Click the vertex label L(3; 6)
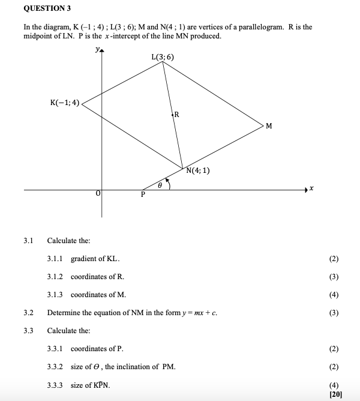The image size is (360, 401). [x=163, y=57]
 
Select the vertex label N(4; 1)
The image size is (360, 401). [x=197, y=170]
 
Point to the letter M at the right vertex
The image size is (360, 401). [x=268, y=126]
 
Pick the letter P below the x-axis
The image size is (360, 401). [x=143, y=194]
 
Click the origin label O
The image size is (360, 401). [x=98, y=194]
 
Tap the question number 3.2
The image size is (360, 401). [x=28, y=313]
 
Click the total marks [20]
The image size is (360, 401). [x=335, y=394]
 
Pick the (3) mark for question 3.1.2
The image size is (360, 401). [x=334, y=277]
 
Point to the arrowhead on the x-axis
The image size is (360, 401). [x=305, y=190]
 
